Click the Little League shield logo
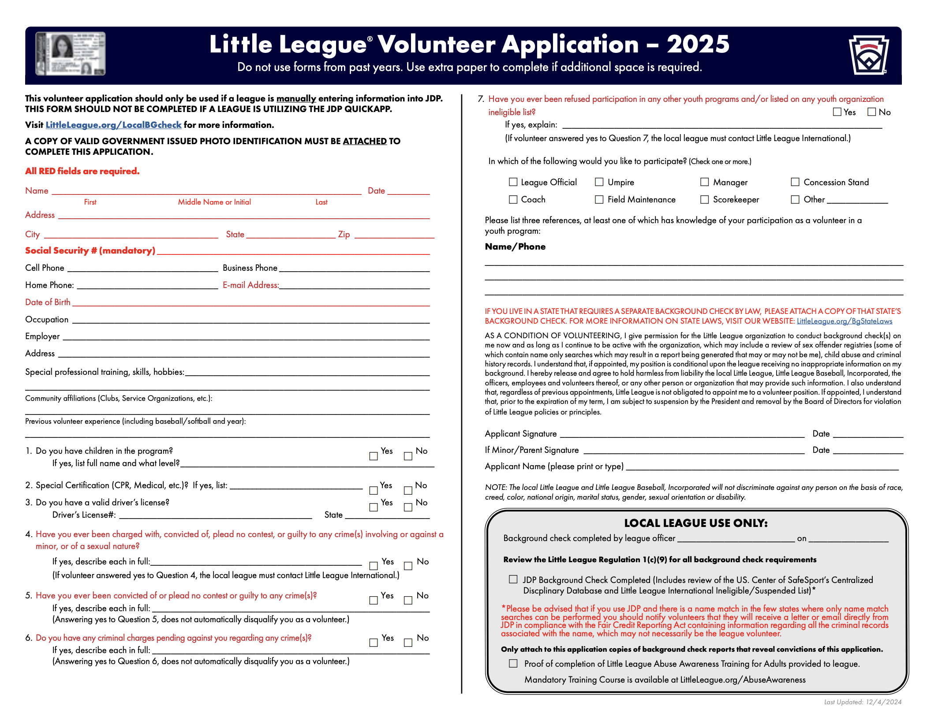point(868,55)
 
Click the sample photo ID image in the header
point(71,53)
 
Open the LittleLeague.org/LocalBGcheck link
point(113,125)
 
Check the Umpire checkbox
point(599,182)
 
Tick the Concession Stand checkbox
point(795,182)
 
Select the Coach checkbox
point(513,199)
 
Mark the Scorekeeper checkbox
point(704,199)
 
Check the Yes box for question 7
point(837,112)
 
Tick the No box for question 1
point(408,456)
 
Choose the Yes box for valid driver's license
point(374,507)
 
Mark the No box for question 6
point(408,642)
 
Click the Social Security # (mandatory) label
point(90,250)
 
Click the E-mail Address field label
point(250,285)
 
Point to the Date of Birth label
point(48,302)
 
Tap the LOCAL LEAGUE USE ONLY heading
point(695,523)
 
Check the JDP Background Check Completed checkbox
point(513,579)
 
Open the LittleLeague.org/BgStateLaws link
point(844,321)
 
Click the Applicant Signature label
point(520,433)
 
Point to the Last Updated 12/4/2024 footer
point(862,702)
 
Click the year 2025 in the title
point(698,44)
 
